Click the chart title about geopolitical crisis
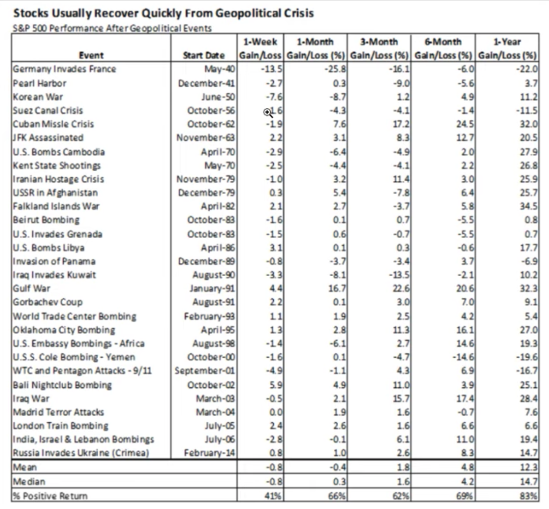click(163, 12)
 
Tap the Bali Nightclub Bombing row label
click(63, 385)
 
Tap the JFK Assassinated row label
click(48, 138)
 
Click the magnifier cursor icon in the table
click(268, 112)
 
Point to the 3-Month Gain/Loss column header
click(380, 48)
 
